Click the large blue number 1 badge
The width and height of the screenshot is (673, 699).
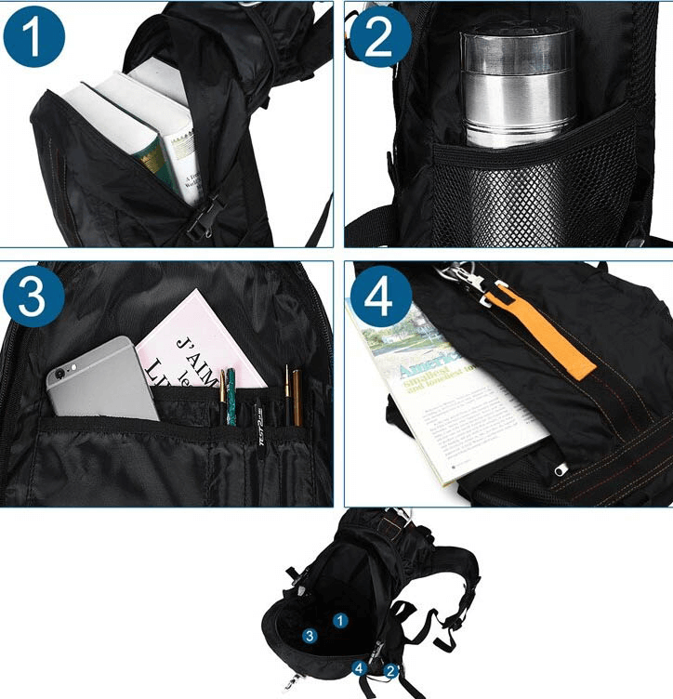tap(33, 39)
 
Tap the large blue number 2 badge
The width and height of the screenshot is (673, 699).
tap(379, 39)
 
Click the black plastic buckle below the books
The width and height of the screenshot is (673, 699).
tap(200, 219)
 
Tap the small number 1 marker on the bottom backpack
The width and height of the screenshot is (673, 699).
tap(340, 620)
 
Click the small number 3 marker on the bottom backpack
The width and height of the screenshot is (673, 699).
tap(309, 636)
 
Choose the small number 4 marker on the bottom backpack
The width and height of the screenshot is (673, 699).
tap(359, 666)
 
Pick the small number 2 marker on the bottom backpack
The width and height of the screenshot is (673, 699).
tap(391, 669)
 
